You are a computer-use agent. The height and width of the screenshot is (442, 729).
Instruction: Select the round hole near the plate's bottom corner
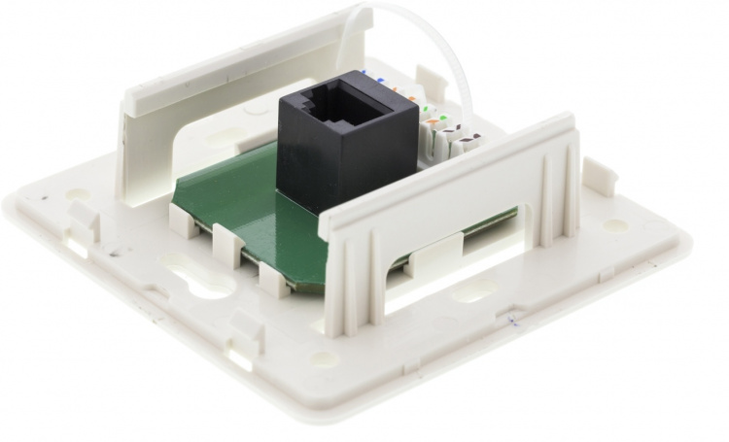325,357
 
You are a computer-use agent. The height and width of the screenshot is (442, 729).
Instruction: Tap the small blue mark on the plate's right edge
509,319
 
